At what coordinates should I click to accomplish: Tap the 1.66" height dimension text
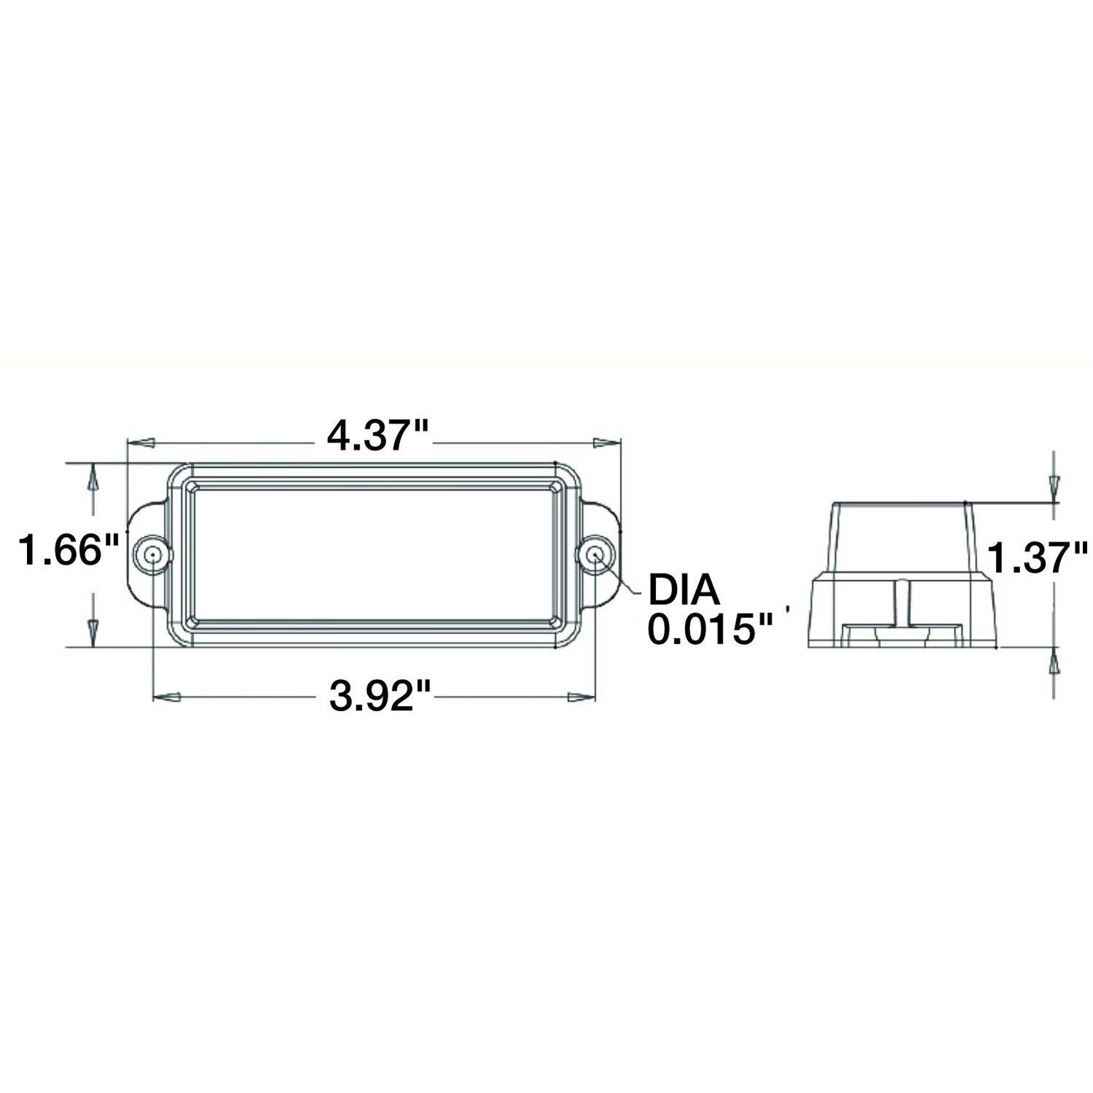(60, 550)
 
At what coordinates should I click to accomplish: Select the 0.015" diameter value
(710, 628)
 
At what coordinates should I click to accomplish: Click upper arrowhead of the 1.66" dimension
(93, 478)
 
